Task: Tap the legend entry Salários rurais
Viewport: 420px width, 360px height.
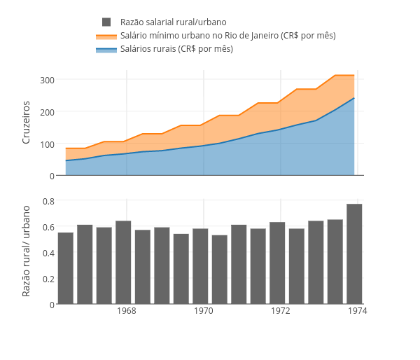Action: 176,49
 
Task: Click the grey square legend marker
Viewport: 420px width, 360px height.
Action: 106,22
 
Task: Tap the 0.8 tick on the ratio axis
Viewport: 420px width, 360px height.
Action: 48,201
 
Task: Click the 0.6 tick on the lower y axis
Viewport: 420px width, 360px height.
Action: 48,227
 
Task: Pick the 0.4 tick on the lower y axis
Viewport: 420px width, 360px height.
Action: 48,253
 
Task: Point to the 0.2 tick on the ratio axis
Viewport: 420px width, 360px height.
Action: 48,279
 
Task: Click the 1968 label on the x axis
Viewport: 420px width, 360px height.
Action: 127,310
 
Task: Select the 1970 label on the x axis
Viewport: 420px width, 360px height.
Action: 204,310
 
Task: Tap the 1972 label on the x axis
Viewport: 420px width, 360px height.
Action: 281,310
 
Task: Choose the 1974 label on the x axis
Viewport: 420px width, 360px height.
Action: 358,310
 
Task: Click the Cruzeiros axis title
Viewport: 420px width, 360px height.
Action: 27,123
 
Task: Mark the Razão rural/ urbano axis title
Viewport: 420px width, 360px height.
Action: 27,251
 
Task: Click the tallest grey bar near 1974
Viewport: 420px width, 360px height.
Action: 354,254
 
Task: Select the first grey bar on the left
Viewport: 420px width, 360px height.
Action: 66,268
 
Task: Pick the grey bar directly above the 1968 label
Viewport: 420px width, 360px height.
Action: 123,263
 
